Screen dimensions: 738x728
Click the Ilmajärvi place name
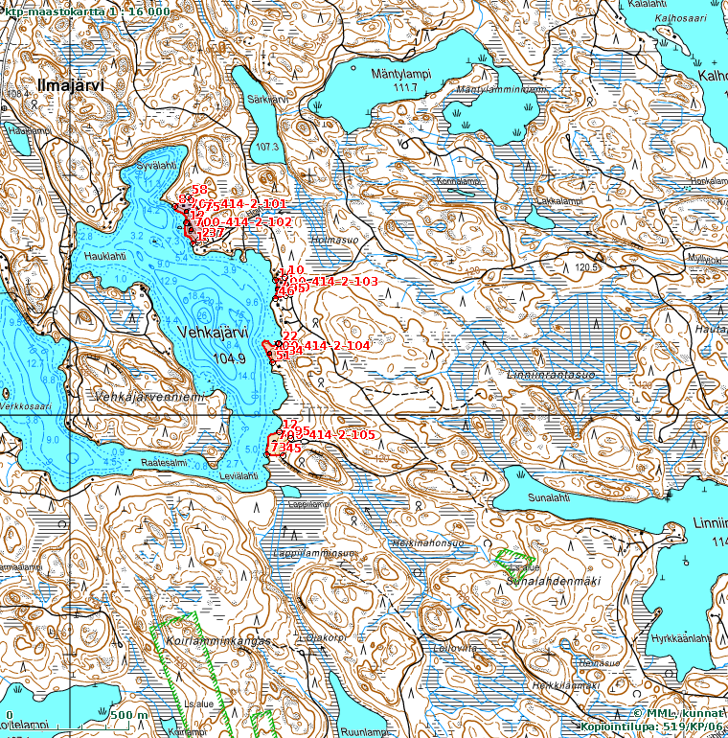[x=68, y=86]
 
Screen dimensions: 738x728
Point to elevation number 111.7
[x=406, y=88]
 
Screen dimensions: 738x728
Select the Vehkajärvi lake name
[x=212, y=331]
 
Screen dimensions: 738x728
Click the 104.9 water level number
[x=229, y=357]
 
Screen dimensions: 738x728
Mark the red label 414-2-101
[x=254, y=204]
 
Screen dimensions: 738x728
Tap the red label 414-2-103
[x=344, y=282]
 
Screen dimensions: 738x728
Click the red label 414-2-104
[x=336, y=344]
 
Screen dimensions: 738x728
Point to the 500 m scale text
[x=128, y=715]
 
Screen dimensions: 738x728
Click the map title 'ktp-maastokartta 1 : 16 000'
[x=87, y=11]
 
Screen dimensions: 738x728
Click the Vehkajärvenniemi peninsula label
[x=149, y=397]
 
